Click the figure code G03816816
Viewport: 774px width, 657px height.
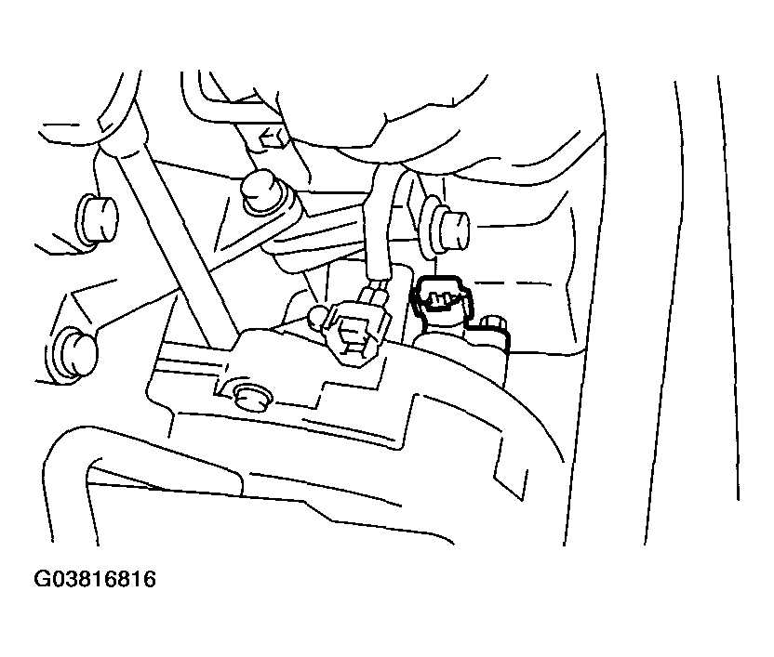[x=95, y=579]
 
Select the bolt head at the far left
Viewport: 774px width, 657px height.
[x=98, y=219]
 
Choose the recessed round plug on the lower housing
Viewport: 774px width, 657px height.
[x=252, y=396]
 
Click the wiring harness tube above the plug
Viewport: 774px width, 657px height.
[x=380, y=222]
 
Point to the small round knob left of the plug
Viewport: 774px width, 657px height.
[x=319, y=317]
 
